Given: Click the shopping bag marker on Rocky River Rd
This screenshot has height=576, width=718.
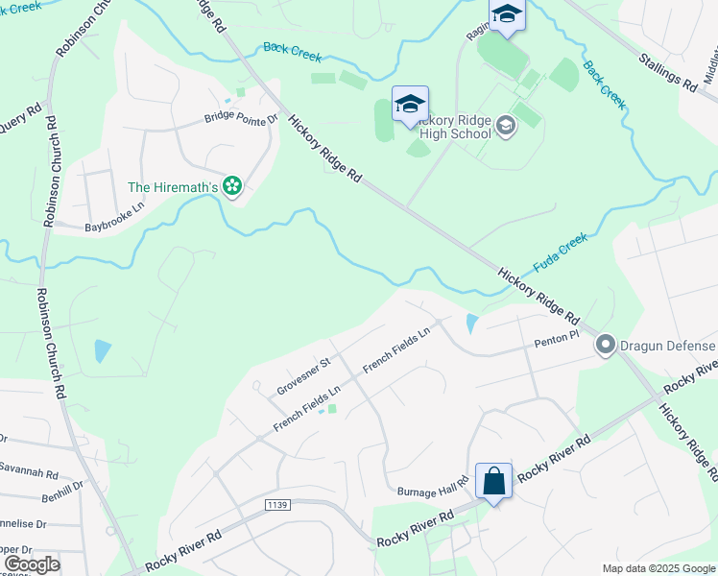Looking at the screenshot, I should [x=493, y=481].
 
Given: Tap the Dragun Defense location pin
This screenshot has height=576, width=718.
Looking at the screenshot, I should [x=605, y=345].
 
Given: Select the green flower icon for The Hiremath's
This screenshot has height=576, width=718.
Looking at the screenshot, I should [x=231, y=185].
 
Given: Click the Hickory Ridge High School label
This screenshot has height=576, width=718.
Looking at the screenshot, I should [x=455, y=127].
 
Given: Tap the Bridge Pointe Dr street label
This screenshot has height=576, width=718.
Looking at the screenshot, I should [x=240, y=119].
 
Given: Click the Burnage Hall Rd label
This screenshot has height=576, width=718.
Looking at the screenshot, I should [x=432, y=490].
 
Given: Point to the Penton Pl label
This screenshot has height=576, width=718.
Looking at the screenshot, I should [x=557, y=339].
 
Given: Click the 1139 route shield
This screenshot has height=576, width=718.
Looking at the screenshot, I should [x=276, y=504].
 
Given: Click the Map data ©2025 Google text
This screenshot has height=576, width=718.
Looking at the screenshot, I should [x=658, y=567].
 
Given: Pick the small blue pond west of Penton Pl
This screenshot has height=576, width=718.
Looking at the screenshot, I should [x=469, y=324].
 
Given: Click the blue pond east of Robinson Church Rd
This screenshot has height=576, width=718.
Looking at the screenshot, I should [x=103, y=350].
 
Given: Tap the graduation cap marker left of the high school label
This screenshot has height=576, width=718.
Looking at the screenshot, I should [x=410, y=105].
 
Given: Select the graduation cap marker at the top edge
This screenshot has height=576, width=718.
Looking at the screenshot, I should [x=506, y=14].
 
